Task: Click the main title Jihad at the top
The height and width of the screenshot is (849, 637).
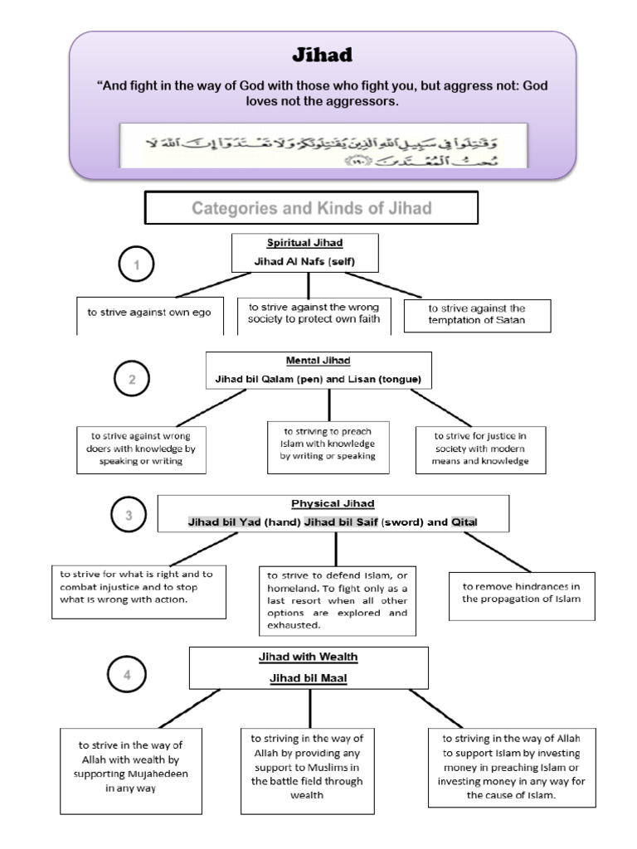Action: coord(322,56)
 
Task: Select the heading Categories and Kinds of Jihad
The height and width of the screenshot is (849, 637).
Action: coord(312,208)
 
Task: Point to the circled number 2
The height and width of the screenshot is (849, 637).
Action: coord(132,381)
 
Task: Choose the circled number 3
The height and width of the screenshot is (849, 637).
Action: coord(129,516)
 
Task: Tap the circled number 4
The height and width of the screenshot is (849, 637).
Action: coord(127,675)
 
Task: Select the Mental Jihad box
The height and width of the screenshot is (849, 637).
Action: coord(318,370)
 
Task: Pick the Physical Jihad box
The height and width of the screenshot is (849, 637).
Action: coord(333,512)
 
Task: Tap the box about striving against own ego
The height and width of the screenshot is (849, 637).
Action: coord(150,313)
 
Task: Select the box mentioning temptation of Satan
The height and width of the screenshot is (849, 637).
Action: coord(477,315)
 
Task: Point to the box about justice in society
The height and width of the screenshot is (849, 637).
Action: coord(481,449)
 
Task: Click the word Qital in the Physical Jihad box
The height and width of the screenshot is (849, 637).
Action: coord(464,521)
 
